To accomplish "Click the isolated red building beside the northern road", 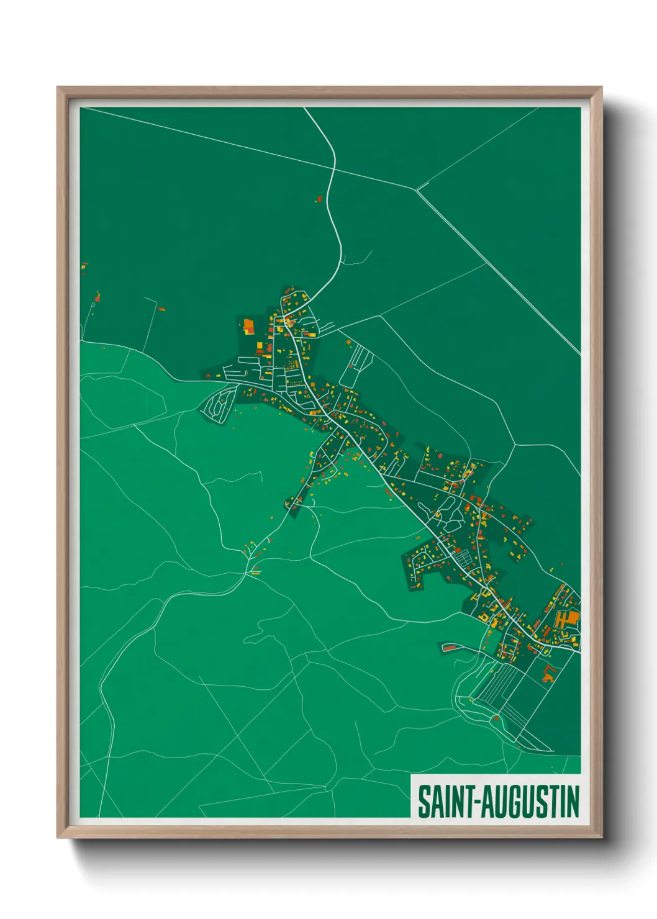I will click(320, 199).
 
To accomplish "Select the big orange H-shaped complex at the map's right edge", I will click(567, 619).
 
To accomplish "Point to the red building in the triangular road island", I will click(496, 718).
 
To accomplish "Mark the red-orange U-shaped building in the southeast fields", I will click(548, 673).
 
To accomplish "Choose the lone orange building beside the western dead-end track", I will click(161, 309).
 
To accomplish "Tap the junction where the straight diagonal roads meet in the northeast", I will click(417, 189).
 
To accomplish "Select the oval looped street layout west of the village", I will click(217, 405).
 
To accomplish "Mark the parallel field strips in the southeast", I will click(503, 689).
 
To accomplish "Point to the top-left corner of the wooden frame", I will click(58, 88).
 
